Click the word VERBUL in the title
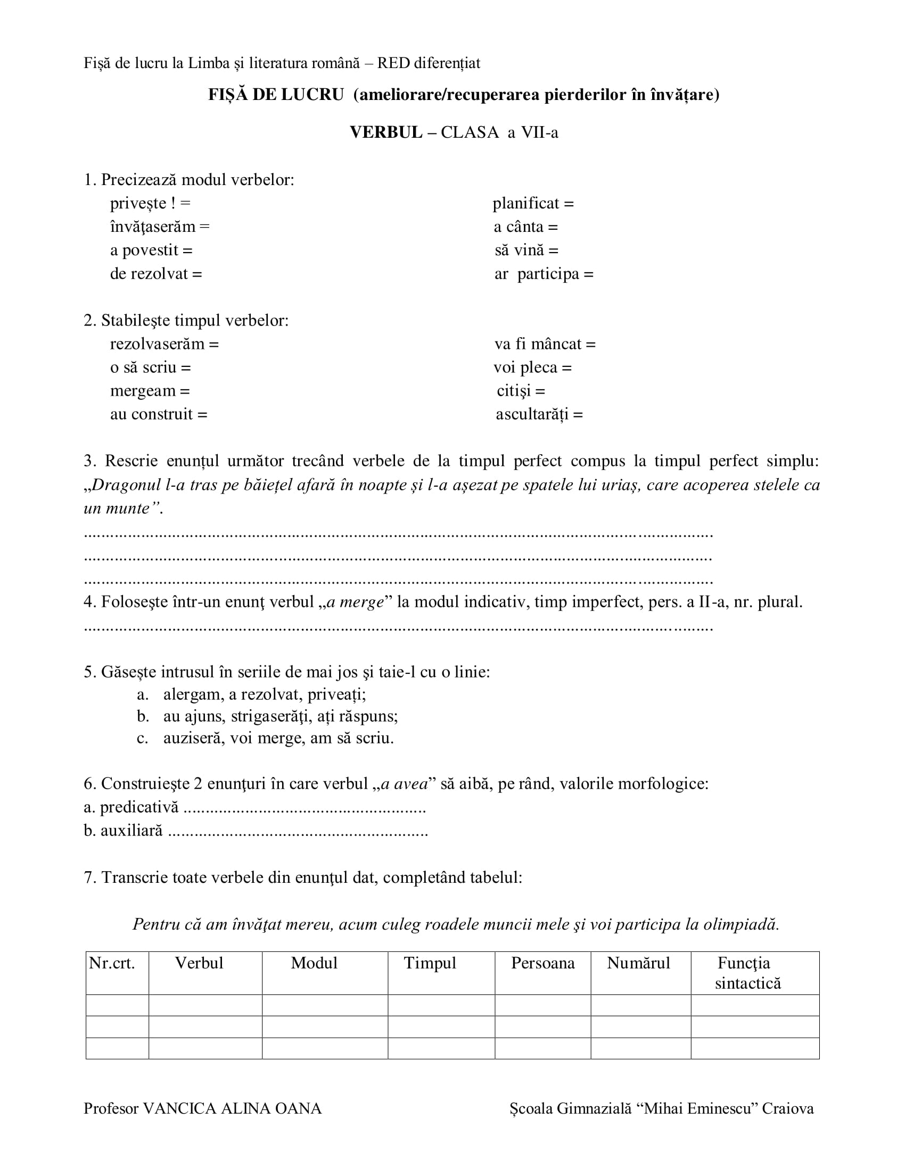coord(385,132)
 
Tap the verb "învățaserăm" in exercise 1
coord(153,227)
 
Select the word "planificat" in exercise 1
coord(525,204)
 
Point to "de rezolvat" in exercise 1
coord(149,274)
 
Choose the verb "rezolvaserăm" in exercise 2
coord(157,344)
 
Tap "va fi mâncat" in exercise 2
coord(538,344)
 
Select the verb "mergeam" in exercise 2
coord(143,391)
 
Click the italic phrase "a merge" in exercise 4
coord(356,602)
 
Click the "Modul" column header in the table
coord(314,963)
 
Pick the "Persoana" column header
coord(542,963)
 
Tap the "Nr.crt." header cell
coord(112,963)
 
